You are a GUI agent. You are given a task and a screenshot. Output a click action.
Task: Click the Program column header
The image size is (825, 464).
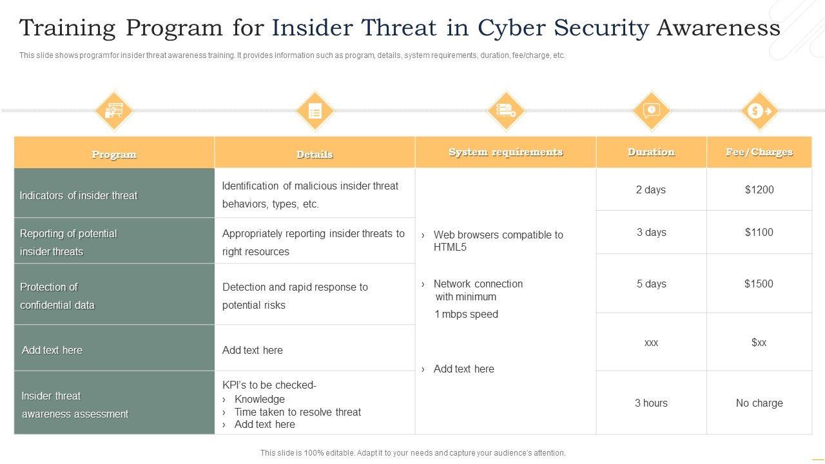click(x=114, y=154)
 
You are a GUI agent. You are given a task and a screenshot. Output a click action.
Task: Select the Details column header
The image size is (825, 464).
click(x=315, y=154)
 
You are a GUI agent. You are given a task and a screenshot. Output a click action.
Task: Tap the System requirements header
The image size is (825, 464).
click(x=505, y=152)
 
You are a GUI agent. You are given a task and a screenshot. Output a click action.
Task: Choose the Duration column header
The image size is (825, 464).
click(x=651, y=152)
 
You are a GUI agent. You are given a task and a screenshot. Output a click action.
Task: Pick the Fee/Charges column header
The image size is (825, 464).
click(x=759, y=152)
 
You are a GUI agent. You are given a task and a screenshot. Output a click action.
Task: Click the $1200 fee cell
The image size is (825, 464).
click(x=759, y=189)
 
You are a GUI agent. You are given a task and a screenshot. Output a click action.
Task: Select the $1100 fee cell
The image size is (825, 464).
click(x=759, y=232)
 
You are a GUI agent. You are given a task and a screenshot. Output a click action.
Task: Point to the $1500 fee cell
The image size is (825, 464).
click(x=759, y=284)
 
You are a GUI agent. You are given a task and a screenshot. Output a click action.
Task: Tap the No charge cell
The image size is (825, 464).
click(x=759, y=403)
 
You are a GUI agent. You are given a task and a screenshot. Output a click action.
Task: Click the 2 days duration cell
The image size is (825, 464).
click(x=651, y=189)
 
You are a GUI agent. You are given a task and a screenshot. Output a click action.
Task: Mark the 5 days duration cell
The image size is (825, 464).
click(x=651, y=284)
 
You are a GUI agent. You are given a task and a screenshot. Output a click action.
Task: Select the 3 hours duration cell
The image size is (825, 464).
click(x=651, y=403)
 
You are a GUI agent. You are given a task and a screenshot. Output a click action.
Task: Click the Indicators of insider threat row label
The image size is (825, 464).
click(x=79, y=195)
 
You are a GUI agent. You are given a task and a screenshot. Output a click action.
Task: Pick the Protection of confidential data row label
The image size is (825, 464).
click(x=57, y=296)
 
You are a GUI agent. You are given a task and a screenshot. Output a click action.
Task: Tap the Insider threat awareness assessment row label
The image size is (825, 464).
click(x=75, y=405)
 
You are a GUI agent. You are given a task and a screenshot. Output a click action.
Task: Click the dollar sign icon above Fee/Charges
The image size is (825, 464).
click(x=759, y=111)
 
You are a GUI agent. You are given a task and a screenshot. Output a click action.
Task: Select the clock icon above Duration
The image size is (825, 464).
click(x=651, y=110)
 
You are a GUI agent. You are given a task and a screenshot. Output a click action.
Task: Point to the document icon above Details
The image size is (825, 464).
click(x=315, y=111)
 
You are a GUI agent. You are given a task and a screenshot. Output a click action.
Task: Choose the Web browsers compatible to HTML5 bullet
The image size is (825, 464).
click(x=498, y=240)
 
